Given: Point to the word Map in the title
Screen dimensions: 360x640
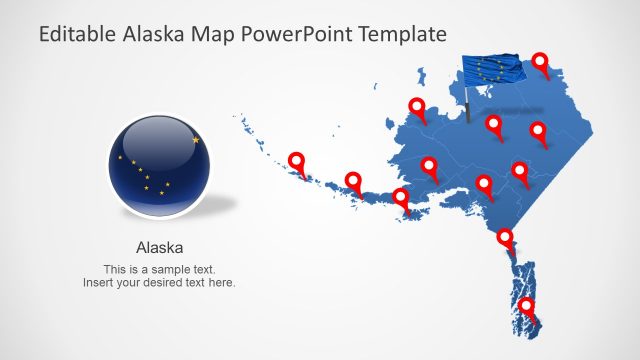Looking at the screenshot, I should (214, 35).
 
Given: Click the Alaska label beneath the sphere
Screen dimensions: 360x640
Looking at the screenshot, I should (159, 246).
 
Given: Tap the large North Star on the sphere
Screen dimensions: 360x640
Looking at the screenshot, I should (196, 140).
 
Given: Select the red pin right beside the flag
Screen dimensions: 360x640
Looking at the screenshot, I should (541, 63).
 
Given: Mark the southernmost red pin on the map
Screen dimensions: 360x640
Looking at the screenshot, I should (526, 307).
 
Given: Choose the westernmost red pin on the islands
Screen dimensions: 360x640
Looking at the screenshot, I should (296, 160).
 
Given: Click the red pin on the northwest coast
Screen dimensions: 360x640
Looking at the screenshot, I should (416, 106).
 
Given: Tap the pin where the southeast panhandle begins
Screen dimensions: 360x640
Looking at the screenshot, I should (506, 238).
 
